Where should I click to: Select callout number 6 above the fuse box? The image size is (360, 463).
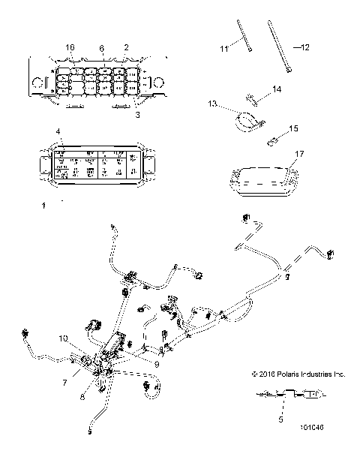tap(103, 47)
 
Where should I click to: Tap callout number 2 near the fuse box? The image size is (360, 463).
tap(126, 47)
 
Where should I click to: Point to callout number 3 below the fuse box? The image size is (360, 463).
tap(136, 115)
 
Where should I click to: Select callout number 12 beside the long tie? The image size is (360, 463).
tap(305, 48)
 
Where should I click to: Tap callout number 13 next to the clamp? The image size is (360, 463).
tap(212, 103)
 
